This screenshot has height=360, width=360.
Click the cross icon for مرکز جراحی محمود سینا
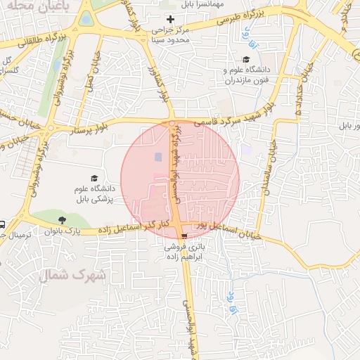[x=169, y=18]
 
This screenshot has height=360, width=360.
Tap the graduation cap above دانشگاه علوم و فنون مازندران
[x=245, y=60]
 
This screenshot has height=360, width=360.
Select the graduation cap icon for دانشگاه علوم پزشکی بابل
[x=94, y=179]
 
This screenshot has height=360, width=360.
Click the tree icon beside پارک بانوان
[x=65, y=219]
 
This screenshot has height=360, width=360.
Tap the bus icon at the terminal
[x=2, y=225]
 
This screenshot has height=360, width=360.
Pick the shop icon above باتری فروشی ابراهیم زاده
[x=184, y=236]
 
